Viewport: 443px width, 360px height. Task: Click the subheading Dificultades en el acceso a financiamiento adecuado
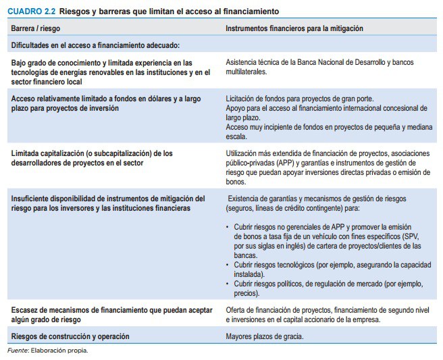pos(95,45)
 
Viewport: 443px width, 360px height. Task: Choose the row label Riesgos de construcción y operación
pos(70,336)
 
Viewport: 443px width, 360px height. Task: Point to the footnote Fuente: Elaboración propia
pos(47,350)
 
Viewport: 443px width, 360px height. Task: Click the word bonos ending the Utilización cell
pos(236,182)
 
